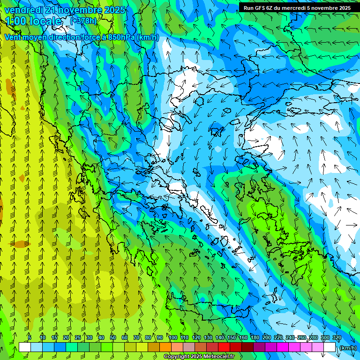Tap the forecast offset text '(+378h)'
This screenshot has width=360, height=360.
pos(83,21)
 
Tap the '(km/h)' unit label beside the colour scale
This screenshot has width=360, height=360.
pos(347,348)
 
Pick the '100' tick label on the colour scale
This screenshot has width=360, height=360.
pos(173,337)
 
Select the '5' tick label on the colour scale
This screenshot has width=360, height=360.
pos(30,337)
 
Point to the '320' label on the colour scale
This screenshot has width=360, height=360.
pos(337,337)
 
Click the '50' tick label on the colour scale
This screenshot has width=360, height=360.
pos(113,337)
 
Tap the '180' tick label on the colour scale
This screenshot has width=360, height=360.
pos(255,337)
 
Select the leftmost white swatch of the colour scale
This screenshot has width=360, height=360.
pos(25,347)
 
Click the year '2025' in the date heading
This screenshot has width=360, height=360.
pos(114,10)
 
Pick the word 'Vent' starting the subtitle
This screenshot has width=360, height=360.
pos(13,37)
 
